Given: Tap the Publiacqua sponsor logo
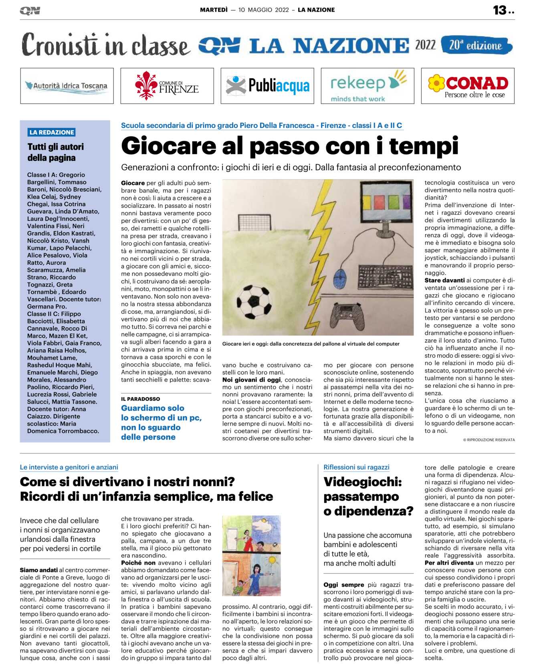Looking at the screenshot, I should point(267,86).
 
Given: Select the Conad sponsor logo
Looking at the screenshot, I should point(468,86).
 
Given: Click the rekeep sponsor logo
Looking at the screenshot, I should point(367,86).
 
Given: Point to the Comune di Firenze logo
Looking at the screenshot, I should point(167,86).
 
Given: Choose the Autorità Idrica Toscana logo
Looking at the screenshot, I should point(67,86).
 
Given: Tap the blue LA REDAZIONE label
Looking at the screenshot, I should point(52,132).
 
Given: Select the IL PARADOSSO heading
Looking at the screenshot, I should point(141,399).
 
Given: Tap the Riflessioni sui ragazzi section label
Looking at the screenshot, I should point(356,467).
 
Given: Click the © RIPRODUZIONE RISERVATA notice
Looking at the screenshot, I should point(489,440).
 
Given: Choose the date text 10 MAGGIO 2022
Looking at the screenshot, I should point(263,10).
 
